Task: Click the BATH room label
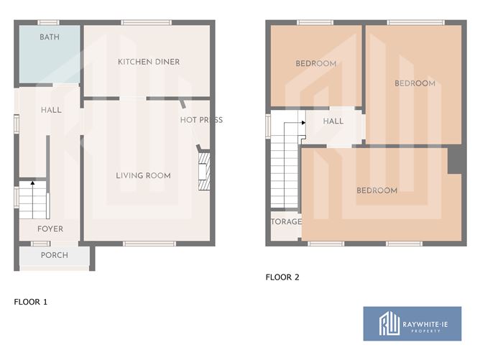(x=50, y=37)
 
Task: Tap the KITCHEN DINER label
(x=149, y=62)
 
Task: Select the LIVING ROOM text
(x=144, y=175)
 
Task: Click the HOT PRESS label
(x=201, y=120)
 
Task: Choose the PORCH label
(x=54, y=255)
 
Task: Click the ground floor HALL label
(x=51, y=111)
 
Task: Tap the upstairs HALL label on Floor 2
(x=333, y=121)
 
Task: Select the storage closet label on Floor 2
(x=286, y=222)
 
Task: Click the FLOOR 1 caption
(x=31, y=302)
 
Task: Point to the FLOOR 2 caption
(x=282, y=277)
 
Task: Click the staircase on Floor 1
(x=32, y=200)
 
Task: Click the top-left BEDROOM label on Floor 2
(x=316, y=64)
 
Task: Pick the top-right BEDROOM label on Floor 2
(x=415, y=83)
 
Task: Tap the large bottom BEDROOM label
(x=377, y=190)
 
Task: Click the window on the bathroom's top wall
(x=48, y=23)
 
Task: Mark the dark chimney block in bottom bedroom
(x=455, y=160)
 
